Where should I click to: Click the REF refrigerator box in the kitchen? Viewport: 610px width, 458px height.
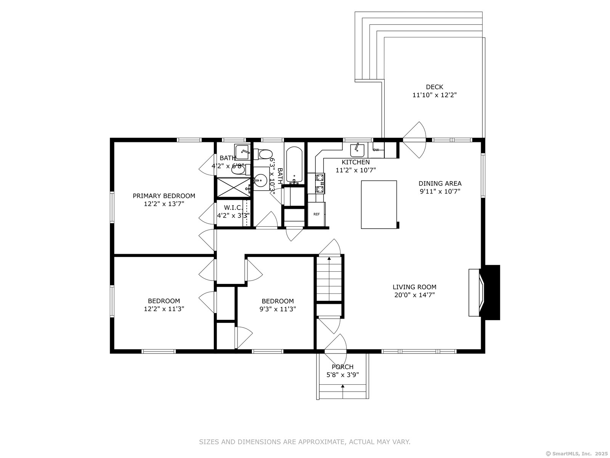tap(316, 214)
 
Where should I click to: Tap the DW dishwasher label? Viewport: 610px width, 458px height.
tap(376, 150)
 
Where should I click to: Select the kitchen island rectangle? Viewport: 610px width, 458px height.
tap(379, 205)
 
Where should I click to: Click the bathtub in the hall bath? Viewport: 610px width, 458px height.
tap(294, 165)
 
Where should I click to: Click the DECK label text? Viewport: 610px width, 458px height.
tap(434, 87)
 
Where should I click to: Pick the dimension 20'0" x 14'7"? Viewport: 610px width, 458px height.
tap(414, 295)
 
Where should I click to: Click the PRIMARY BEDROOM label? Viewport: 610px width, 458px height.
tap(164, 196)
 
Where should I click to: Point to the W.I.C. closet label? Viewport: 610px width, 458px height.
tap(233, 208)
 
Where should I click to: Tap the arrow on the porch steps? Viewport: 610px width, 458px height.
tap(343, 387)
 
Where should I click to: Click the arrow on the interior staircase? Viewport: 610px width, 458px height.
tap(329, 259)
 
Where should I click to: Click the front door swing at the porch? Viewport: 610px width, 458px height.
tap(335, 342)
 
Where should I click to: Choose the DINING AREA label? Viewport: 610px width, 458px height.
tap(440, 184)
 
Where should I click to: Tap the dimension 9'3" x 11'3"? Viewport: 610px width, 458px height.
tap(278, 309)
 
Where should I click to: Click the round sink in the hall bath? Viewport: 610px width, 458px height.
tap(261, 179)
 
